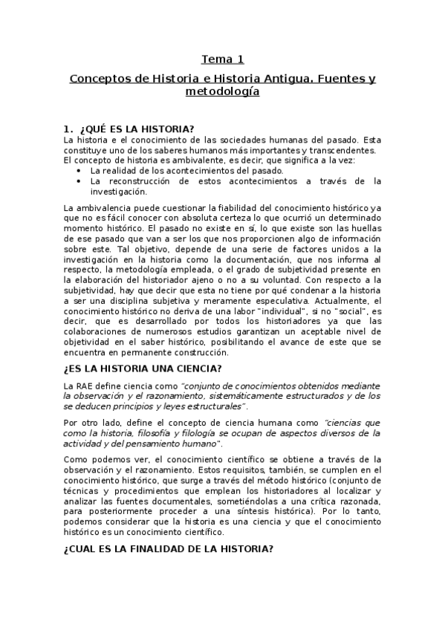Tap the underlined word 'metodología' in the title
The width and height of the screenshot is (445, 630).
(222, 92)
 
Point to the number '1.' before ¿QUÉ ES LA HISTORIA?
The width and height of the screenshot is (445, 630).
(68, 128)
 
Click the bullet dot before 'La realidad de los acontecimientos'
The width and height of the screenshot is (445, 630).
(79, 170)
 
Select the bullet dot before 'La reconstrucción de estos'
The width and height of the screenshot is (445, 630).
(79, 181)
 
